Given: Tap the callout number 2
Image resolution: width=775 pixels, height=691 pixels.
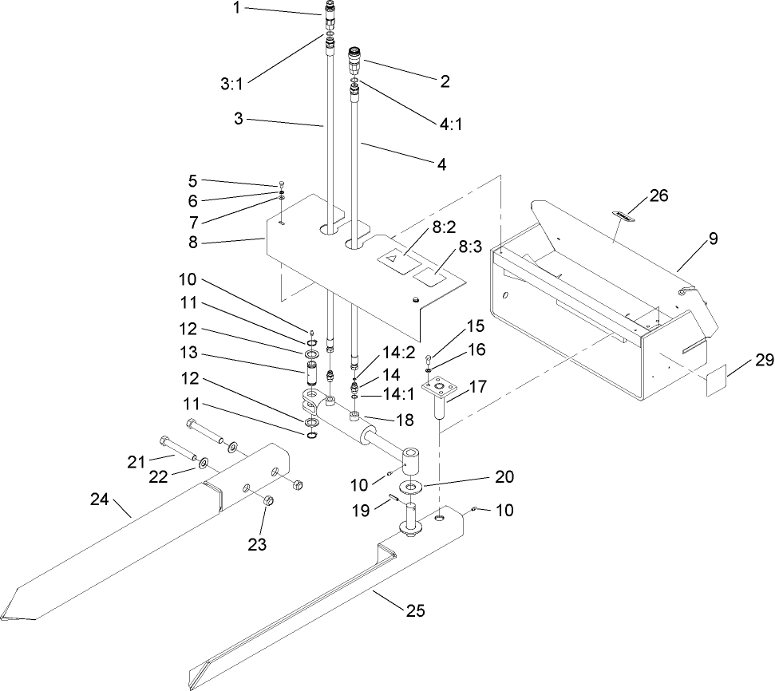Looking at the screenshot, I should [445, 81].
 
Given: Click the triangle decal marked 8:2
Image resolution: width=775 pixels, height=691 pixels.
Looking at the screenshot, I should [393, 259].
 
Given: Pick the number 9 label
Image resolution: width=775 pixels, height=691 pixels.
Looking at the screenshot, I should [713, 238].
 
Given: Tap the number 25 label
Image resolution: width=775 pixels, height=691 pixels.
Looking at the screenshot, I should [414, 611].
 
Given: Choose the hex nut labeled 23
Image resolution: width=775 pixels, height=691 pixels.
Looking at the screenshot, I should [268, 502].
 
